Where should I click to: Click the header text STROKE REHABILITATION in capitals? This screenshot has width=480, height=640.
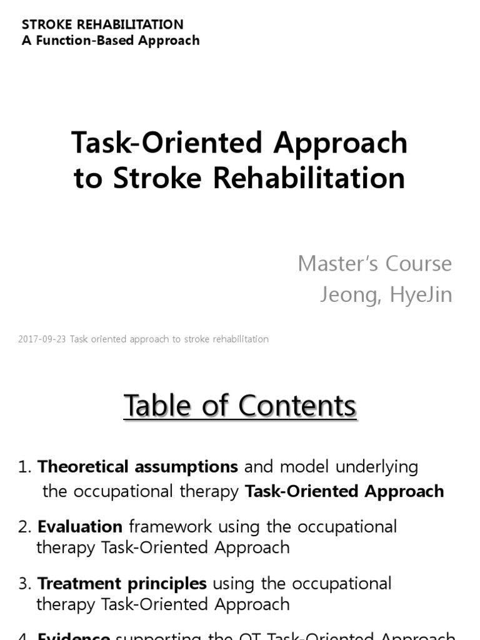[x=102, y=24]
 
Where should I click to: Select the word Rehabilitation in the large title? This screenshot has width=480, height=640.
[x=309, y=179]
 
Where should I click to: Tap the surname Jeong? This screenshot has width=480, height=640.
[x=349, y=295]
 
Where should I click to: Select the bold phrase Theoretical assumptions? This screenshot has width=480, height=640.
[x=137, y=467]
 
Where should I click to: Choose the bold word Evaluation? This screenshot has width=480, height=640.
[x=80, y=527]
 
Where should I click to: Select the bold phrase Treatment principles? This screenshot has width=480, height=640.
[x=122, y=584]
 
